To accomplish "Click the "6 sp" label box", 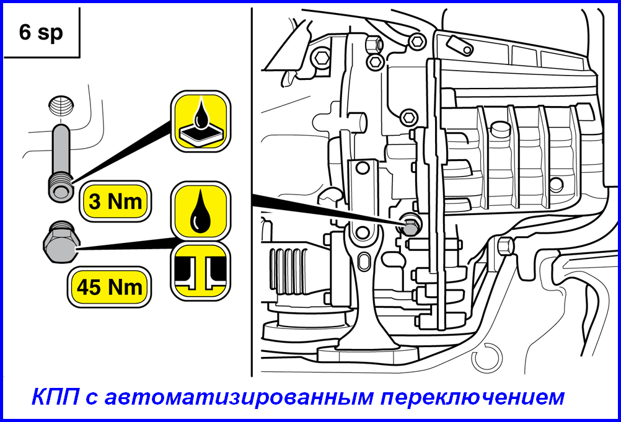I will (41, 33).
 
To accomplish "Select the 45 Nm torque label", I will (109, 287).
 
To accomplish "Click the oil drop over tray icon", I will (200, 121).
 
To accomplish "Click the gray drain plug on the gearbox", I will (410, 226).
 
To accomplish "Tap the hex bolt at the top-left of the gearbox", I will (322, 58).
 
